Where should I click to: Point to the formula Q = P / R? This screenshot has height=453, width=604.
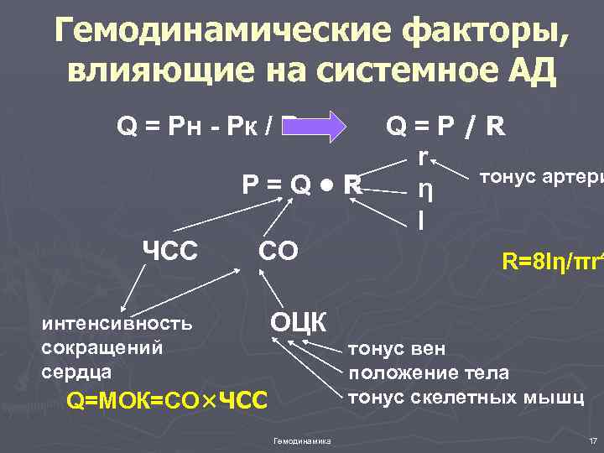pyautogui.click(x=445, y=128)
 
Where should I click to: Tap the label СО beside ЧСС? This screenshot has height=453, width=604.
pyautogui.click(x=277, y=251)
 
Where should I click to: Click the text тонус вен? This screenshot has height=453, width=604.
pyautogui.click(x=396, y=349)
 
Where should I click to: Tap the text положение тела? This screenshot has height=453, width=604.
pyautogui.click(x=428, y=372)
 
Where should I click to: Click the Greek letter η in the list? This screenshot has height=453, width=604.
pyautogui.click(x=425, y=190)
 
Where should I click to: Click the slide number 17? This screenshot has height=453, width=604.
pyautogui.click(x=592, y=441)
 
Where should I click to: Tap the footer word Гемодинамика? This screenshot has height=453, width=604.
pyautogui.click(x=302, y=441)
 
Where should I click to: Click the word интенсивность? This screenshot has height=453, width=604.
pyautogui.click(x=117, y=323)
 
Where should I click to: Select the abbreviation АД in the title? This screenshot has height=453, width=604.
pyautogui.click(x=528, y=73)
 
